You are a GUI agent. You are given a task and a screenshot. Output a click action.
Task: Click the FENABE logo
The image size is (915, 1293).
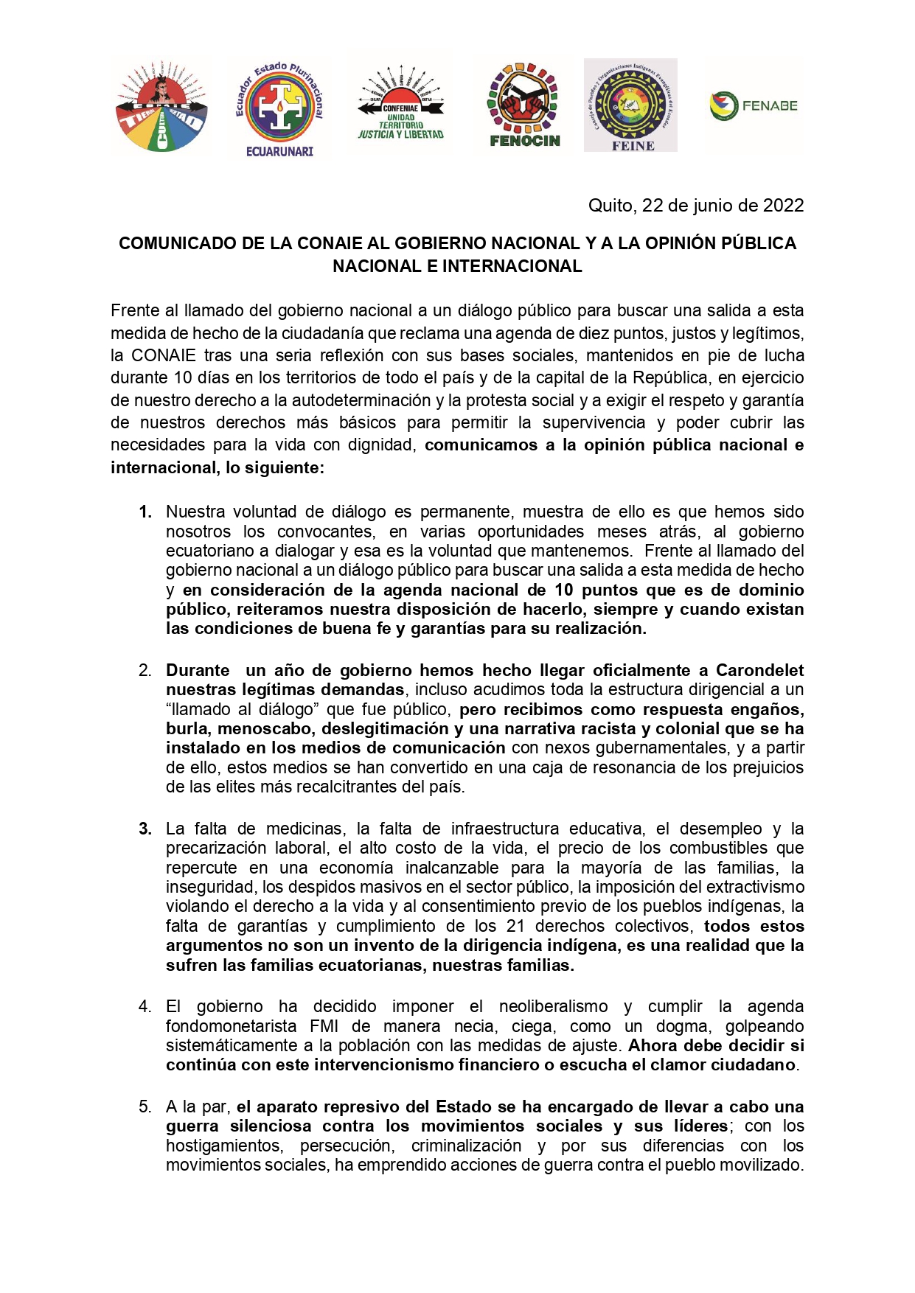pyautogui.click(x=754, y=105)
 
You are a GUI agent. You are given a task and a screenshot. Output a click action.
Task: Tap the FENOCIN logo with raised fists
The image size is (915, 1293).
pyautogui.click(x=524, y=104)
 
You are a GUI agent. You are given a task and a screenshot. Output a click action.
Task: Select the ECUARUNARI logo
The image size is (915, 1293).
pyautogui.click(x=279, y=108)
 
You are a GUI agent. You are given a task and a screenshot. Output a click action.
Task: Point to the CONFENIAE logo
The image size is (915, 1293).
pyautogui.click(x=400, y=103)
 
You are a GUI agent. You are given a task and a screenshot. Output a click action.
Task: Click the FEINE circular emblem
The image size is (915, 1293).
pyautogui.click(x=630, y=105)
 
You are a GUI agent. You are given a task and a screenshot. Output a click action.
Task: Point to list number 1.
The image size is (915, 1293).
pyautogui.click(x=145, y=512)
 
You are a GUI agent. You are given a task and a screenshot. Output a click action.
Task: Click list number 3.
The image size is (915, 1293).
pyautogui.click(x=145, y=829)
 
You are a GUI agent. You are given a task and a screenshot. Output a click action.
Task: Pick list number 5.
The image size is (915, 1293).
pyautogui.click(x=145, y=1106)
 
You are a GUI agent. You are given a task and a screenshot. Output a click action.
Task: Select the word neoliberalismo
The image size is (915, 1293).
pyautogui.click(x=553, y=1006)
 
